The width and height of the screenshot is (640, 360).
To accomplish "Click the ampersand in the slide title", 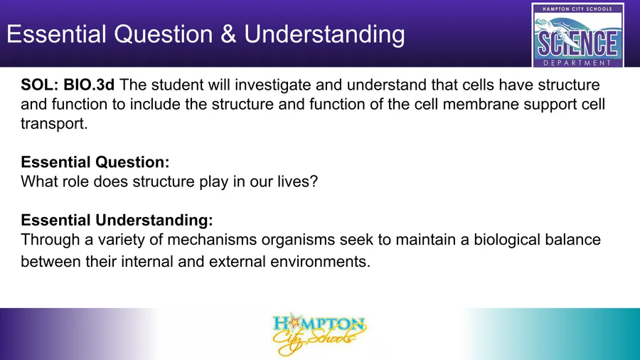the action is (x=228, y=34).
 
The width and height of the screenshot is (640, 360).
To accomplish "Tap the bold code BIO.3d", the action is (x=89, y=85).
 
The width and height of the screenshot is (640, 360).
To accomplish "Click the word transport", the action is (x=54, y=124).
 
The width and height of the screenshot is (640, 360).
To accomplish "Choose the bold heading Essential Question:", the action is (x=95, y=162).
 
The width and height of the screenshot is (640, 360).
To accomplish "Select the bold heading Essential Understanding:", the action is (x=117, y=220).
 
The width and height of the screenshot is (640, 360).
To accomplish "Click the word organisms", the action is (x=299, y=240).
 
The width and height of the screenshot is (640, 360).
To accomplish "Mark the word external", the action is (x=237, y=262).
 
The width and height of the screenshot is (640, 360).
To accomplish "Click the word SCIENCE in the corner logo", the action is (x=577, y=43).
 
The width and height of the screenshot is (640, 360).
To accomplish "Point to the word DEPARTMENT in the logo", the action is (x=577, y=63).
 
